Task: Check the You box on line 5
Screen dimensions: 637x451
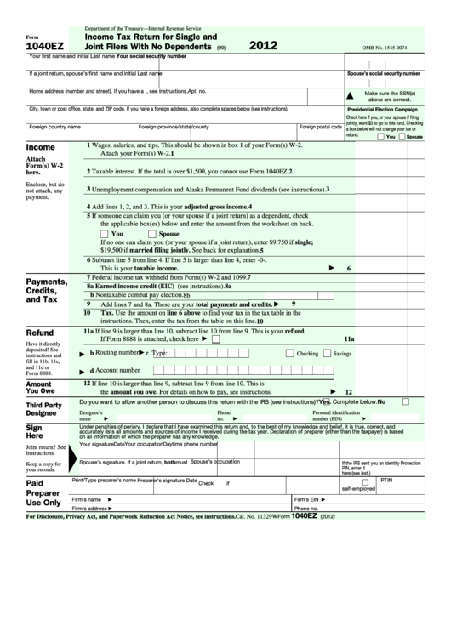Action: pyautogui.click(x=104, y=233)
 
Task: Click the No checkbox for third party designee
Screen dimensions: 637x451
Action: pyautogui.click(x=406, y=401)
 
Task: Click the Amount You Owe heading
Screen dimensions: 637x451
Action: pyautogui.click(x=39, y=389)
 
